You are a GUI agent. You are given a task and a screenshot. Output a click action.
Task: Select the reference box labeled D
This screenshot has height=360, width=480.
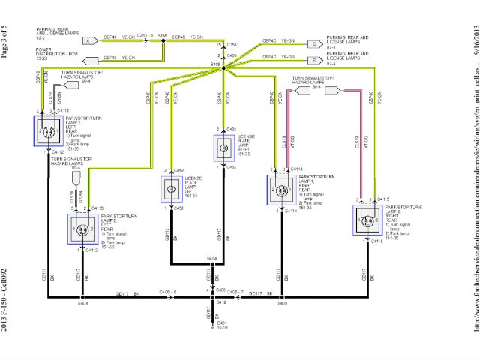(313, 42)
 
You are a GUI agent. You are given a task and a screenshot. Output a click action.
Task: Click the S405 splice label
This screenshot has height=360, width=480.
(215, 66)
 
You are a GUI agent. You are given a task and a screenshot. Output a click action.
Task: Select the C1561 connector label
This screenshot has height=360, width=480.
(232, 45)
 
